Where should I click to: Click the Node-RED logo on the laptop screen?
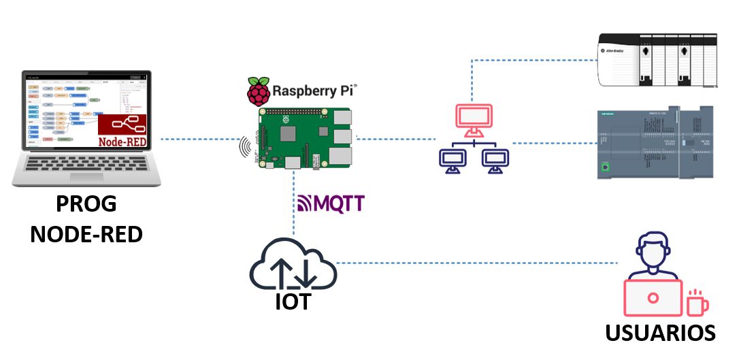coord(124,131)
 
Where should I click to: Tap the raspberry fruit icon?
coord(257,92)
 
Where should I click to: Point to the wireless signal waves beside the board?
coord(245,147)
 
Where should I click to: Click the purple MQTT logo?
coord(331,203)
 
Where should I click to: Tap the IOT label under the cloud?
coord(293,301)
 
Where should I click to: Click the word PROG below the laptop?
coord(86,204)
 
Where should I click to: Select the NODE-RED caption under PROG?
coord(86,235)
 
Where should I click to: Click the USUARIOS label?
coord(660,333)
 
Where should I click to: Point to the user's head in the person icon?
coord(653,252)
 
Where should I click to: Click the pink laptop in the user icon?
coord(653,298)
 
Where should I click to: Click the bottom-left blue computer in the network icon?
coord(451,159)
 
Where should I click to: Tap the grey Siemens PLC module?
coord(653,143)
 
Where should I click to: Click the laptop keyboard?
coord(86,165)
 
